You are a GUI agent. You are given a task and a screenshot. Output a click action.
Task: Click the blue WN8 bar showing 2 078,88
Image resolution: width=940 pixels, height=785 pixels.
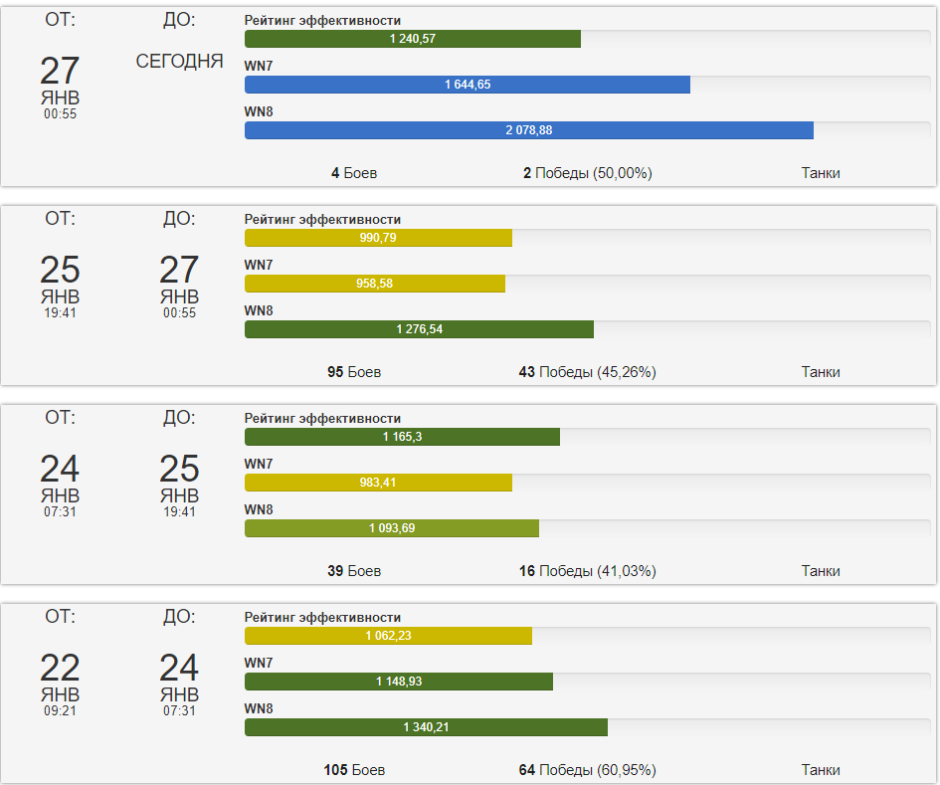tap(528, 130)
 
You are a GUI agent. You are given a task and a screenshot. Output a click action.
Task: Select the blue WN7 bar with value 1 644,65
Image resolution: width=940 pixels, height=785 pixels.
tap(467, 85)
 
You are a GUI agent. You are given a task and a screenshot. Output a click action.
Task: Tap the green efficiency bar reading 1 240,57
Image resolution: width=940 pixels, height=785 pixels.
tap(412, 39)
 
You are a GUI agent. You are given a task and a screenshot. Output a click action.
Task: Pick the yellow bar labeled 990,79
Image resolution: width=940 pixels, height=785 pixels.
tap(378, 238)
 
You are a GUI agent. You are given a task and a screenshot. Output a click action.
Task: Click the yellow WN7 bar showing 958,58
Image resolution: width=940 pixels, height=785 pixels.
tap(374, 284)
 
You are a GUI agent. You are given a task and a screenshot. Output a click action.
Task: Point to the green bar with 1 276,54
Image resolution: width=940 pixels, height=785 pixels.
tap(419, 329)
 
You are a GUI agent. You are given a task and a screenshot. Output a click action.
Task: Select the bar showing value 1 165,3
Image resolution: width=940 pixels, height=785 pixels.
tap(402, 437)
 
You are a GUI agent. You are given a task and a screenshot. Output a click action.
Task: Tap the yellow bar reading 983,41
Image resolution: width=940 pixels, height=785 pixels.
tap(378, 483)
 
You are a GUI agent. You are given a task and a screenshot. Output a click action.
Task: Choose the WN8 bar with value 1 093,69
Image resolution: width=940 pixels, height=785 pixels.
tap(391, 528)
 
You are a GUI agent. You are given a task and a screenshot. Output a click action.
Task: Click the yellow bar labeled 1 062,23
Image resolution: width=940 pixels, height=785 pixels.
tap(388, 636)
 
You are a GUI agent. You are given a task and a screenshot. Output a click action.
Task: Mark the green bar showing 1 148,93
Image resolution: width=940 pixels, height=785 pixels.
tap(398, 682)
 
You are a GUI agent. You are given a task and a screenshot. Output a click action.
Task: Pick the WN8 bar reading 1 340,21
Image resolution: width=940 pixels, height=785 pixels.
tap(426, 727)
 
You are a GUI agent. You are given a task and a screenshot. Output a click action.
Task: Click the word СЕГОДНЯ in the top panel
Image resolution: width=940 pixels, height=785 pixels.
tap(179, 62)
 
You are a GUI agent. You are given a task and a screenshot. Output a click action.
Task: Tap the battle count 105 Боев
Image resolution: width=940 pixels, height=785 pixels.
tap(354, 770)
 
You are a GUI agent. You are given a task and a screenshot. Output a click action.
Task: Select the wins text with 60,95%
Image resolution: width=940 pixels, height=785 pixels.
tap(587, 770)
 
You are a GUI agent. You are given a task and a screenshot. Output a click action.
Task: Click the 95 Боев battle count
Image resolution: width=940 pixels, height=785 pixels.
tap(354, 372)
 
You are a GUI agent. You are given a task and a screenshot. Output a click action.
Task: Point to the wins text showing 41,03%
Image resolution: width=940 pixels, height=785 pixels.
tap(587, 571)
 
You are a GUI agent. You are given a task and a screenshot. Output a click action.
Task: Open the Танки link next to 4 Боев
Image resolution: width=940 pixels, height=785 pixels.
tap(821, 173)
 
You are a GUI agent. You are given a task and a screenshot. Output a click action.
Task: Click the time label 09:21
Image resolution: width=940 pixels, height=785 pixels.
tap(60, 710)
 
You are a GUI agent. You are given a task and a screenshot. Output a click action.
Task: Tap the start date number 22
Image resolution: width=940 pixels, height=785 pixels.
tap(60, 668)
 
